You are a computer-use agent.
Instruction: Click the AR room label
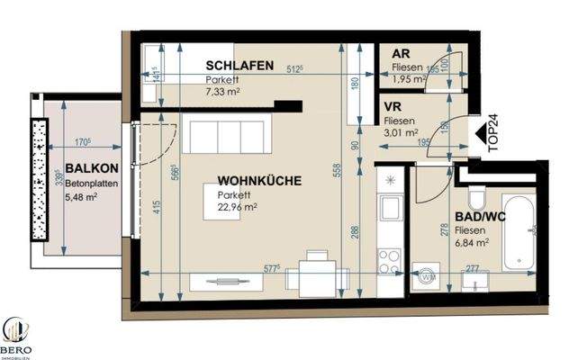(x=402, y=54)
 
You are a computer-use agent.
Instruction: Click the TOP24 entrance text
(x=492, y=136)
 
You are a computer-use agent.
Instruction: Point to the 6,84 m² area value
(x=473, y=242)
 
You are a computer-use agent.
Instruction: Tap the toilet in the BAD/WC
(x=478, y=199)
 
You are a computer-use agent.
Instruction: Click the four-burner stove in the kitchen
(x=390, y=261)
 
